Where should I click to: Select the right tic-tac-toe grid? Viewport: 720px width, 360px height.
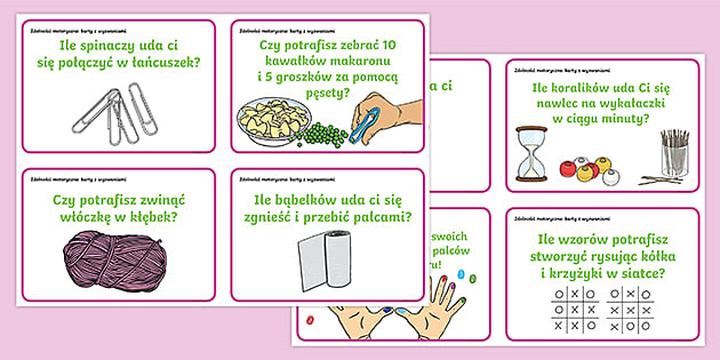coord(631,308)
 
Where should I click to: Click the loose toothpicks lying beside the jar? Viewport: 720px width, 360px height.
coord(656,181)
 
